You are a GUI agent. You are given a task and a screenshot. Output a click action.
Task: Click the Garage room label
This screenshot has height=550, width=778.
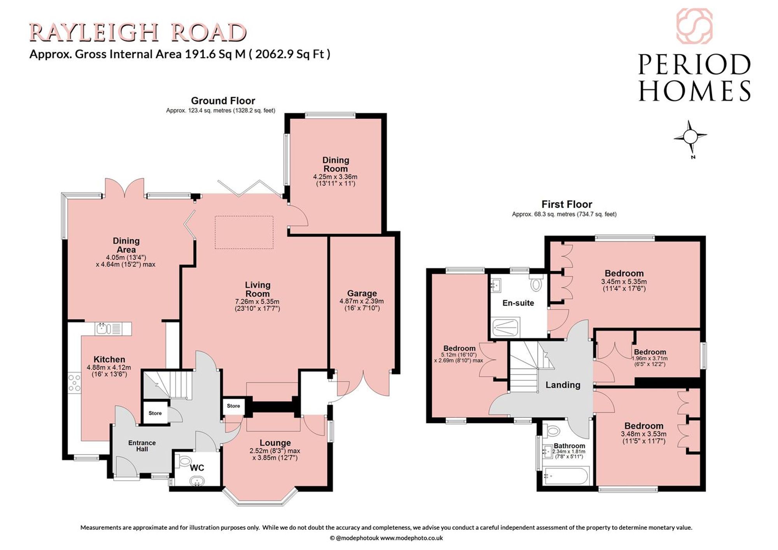362,293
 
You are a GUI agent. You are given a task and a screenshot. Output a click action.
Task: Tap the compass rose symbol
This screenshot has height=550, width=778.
690,137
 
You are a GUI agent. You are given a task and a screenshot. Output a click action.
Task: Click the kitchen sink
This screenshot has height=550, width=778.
113,329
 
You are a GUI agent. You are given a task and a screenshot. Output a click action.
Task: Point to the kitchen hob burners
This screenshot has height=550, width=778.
75,383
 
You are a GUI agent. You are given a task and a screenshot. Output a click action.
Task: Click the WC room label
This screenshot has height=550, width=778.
197,468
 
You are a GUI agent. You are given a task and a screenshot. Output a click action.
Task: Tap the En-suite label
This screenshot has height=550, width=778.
518,303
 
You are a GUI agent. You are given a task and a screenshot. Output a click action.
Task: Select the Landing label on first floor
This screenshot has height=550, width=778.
563,385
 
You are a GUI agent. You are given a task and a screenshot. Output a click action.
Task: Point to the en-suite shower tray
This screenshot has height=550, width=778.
506,328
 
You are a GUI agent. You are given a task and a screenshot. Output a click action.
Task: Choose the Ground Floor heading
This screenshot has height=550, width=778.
223,101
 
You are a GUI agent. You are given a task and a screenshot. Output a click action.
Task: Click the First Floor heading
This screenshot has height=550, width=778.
567,204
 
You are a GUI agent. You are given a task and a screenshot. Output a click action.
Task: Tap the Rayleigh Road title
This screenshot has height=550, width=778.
138,32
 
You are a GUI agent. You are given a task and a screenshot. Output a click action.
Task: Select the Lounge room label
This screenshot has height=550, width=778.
275,443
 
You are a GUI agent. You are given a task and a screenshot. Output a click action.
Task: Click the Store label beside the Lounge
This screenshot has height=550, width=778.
233,406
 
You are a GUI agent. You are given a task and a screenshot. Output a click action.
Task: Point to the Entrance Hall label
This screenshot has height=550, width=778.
142,446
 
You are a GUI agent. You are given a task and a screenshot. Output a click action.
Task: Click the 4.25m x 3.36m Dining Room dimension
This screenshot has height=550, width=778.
335,177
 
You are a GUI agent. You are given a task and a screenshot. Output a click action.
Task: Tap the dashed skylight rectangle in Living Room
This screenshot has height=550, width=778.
244,232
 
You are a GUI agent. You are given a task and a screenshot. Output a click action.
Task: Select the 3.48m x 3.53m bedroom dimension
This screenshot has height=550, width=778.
643,434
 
